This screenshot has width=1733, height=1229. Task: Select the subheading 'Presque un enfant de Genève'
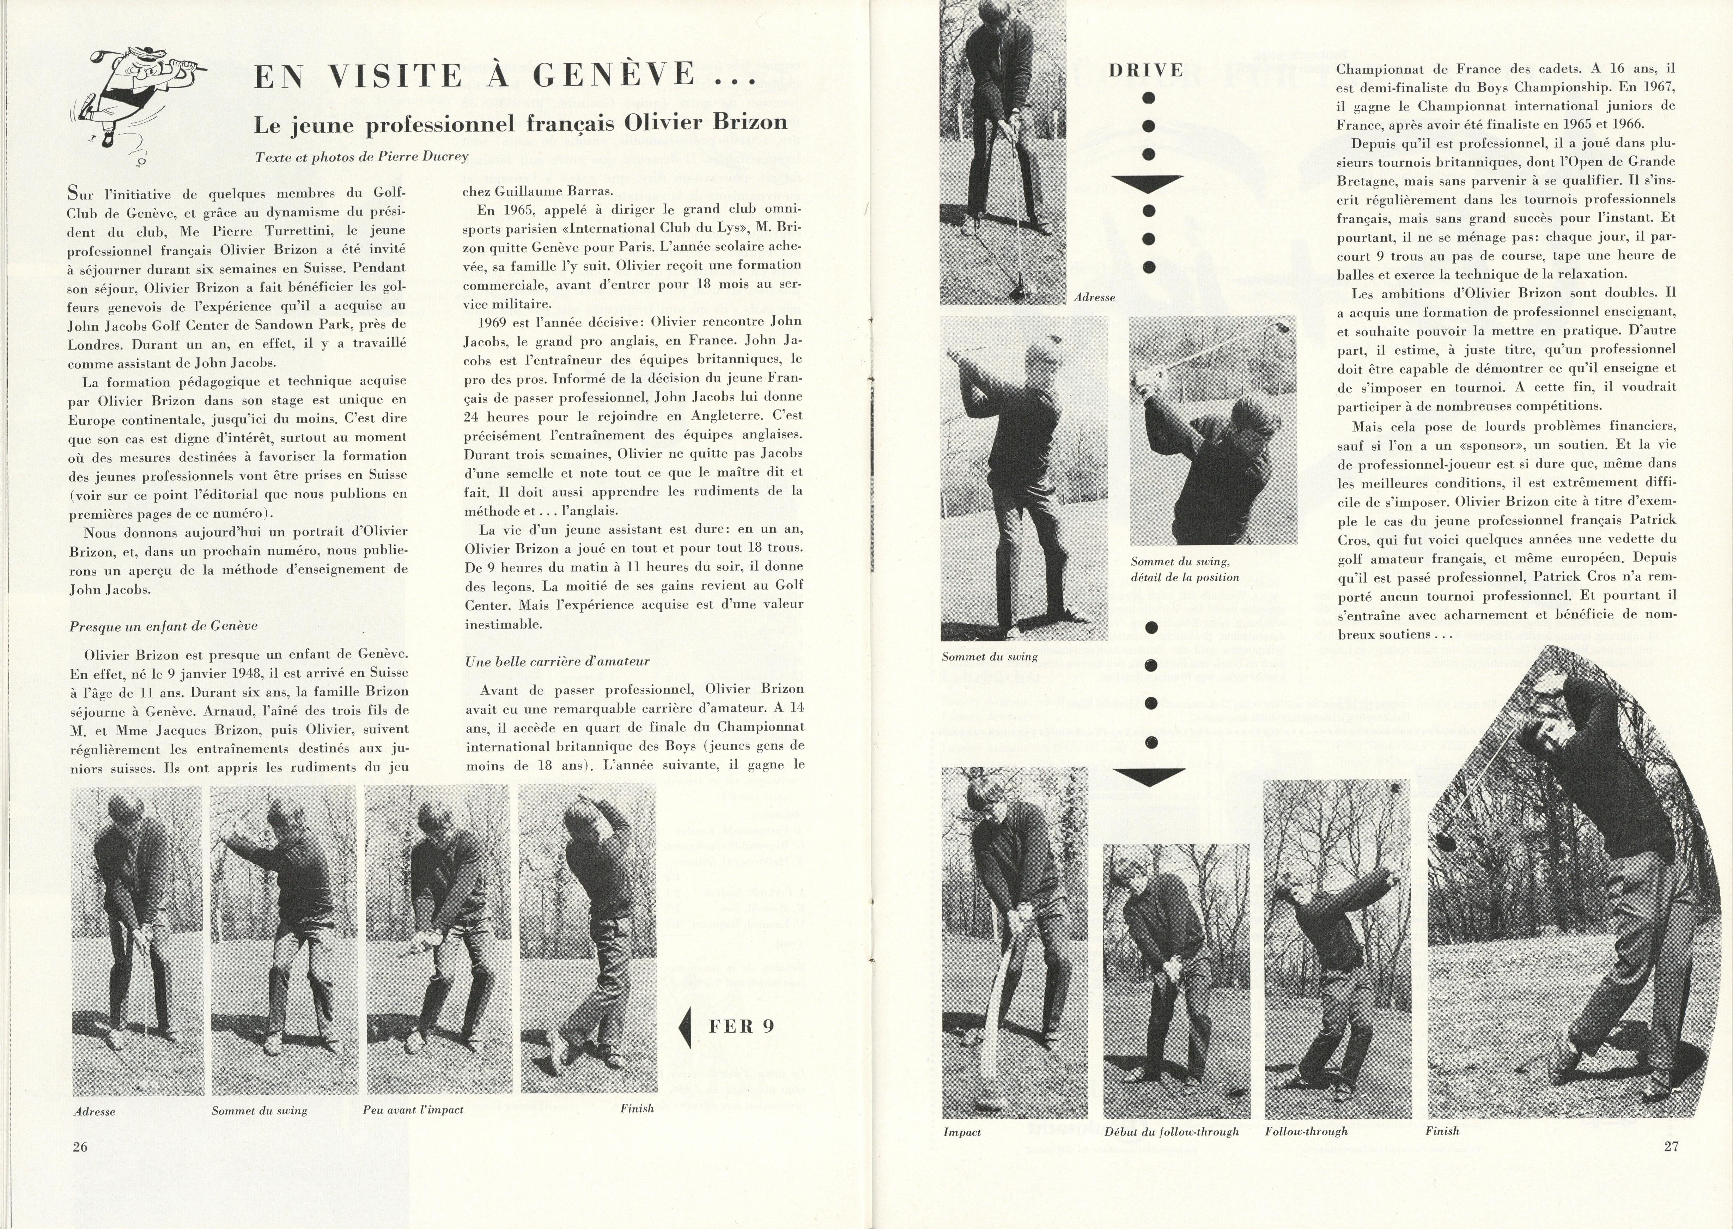click(x=164, y=626)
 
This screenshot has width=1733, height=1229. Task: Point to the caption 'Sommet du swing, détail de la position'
click(x=1184, y=569)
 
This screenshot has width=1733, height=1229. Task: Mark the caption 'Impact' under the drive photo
click(x=962, y=1132)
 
